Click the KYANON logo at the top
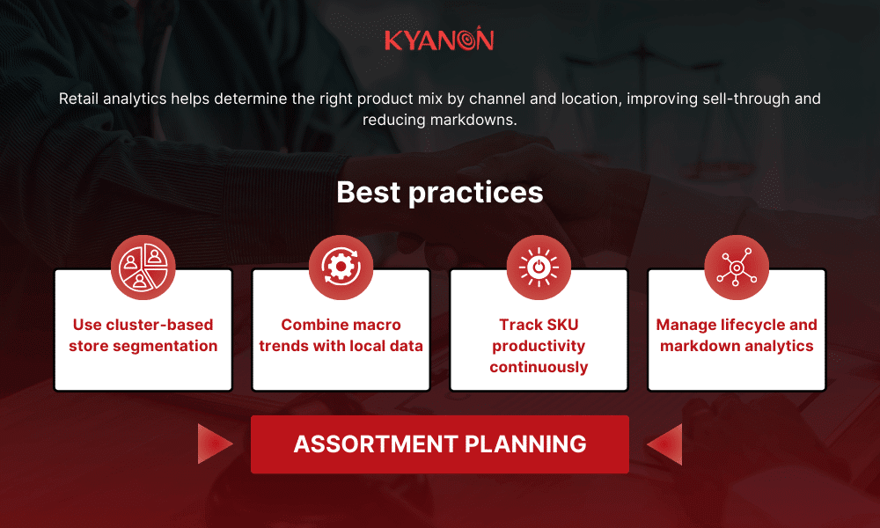coord(439,40)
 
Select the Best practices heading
coord(439,192)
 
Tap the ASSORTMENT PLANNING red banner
coord(439,444)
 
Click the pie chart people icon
coord(143,267)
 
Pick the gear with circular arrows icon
coord(341,267)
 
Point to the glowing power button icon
coord(539,267)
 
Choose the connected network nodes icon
coord(737,267)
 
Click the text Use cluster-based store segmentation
coord(143,335)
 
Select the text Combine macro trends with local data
coord(341,335)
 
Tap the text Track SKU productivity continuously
coord(539,346)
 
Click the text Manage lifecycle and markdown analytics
coord(737,335)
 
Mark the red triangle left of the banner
coord(214,444)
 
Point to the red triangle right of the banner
coord(665,444)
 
